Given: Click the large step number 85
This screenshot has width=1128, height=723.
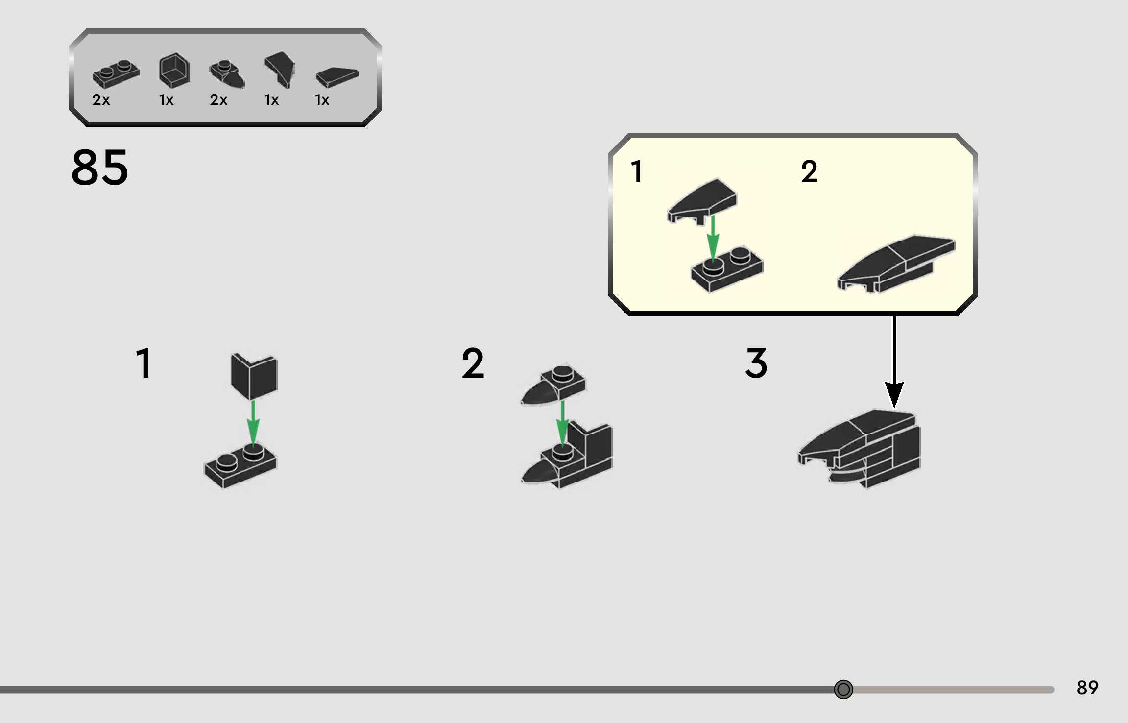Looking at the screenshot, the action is (x=100, y=168).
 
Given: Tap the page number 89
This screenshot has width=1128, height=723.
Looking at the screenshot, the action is (x=1087, y=688).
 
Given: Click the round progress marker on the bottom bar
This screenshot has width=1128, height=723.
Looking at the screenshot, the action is (x=843, y=689).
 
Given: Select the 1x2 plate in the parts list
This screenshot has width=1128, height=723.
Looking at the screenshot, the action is (x=116, y=74).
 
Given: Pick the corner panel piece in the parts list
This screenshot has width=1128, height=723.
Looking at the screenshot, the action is (x=174, y=71).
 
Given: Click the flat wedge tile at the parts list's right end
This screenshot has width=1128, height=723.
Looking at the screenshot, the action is (x=337, y=77).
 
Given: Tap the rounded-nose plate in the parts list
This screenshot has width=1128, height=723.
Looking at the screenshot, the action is (x=227, y=74).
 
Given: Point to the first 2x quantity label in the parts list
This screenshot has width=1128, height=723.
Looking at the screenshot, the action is (x=101, y=100).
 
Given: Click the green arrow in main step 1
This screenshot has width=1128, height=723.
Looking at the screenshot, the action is (x=253, y=422).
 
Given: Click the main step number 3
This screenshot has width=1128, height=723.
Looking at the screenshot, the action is (x=756, y=363).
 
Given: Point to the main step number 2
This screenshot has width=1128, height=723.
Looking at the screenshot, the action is (x=473, y=363).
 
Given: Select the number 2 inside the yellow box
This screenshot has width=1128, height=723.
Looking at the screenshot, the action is (x=810, y=171).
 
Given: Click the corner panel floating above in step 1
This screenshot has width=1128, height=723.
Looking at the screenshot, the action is (x=254, y=376).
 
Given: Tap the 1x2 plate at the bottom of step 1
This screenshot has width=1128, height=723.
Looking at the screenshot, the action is (x=240, y=466).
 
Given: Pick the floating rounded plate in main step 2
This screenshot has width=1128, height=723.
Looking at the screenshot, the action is (x=553, y=385).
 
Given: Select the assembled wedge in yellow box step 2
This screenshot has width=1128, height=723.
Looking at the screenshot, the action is (x=896, y=264).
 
